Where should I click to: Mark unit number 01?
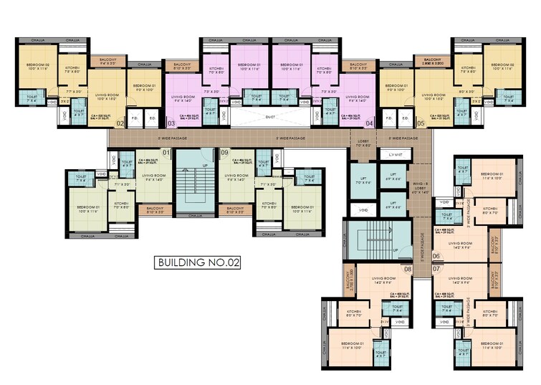(166, 153)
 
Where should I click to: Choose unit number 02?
(120, 124)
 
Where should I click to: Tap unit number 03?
(171, 124)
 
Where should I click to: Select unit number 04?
(370, 124)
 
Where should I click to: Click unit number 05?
(420, 124)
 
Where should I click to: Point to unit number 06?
(436, 256)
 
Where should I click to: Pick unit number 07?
(436, 269)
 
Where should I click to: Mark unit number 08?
(407, 269)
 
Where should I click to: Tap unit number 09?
(224, 153)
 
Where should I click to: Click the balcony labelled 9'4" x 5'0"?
(109, 63)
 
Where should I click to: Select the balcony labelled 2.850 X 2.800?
(432, 63)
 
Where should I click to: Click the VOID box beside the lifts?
(365, 210)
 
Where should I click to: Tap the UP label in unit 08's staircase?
(394, 249)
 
